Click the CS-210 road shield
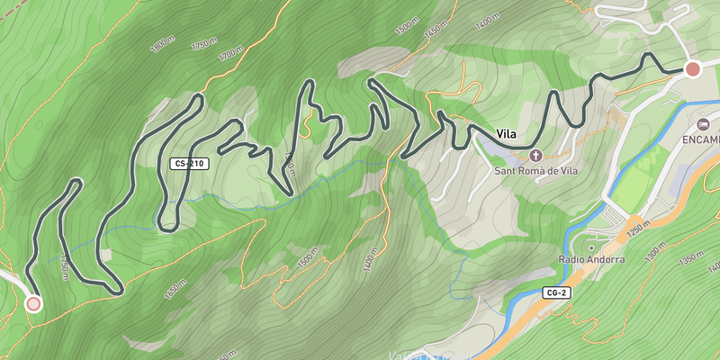[x=190, y=164]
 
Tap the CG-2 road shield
[x=556, y=293]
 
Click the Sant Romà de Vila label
[x=535, y=170]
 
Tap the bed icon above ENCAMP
[x=704, y=123]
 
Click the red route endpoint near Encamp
[x=692, y=69]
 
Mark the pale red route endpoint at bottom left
[x=33, y=303]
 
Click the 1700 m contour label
[x=230, y=54]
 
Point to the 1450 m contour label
[x=436, y=32]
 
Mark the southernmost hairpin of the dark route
[x=115, y=291]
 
